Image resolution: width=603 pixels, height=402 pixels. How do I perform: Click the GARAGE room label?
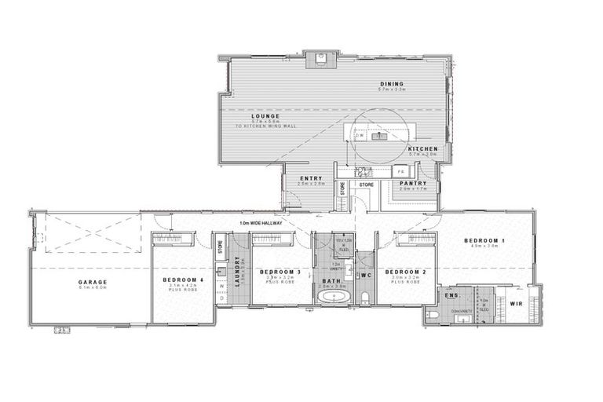tap(92, 282)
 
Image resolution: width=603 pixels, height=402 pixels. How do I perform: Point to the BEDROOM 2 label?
tap(404, 271)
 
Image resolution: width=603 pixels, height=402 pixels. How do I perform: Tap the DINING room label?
tap(390, 84)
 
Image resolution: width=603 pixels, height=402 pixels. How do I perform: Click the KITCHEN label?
tap(422, 148)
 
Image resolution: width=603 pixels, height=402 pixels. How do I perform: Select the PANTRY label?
tap(412, 183)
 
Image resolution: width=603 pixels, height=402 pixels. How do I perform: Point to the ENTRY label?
tap(311, 178)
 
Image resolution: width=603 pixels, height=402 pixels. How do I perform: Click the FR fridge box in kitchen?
tap(400, 170)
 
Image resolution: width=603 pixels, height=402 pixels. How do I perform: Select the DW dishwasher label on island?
tap(360, 136)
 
